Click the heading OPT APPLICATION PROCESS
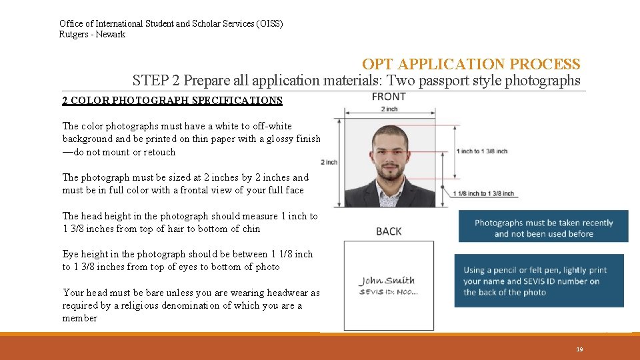point(471,65)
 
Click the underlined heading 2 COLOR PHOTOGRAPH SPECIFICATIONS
point(172,101)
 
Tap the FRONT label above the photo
point(389,97)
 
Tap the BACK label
point(389,231)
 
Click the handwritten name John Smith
point(387,281)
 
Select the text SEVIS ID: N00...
point(389,292)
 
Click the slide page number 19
point(579,349)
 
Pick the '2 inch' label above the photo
point(389,109)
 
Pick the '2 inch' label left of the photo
point(329,162)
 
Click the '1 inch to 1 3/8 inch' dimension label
point(481,151)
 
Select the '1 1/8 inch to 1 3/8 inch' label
point(483,194)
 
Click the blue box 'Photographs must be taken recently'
point(543,228)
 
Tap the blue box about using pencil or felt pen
point(539,281)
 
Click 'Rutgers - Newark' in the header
point(92,35)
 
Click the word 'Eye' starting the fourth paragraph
point(71,254)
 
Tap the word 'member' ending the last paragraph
point(80,318)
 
